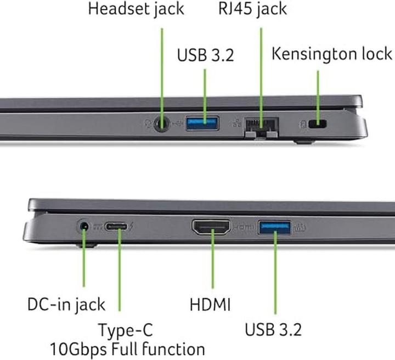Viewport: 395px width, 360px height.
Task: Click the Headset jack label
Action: tap(137, 9)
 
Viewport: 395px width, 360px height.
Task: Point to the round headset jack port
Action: tap(162, 124)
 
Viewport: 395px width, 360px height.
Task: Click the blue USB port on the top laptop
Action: tap(202, 123)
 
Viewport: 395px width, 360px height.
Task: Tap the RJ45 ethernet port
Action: tap(261, 125)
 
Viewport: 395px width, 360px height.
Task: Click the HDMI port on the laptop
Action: tap(211, 227)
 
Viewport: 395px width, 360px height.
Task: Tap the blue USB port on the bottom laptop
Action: tap(274, 226)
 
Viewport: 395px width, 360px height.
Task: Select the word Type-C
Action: tap(125, 330)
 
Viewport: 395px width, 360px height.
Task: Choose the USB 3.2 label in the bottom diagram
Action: tap(273, 330)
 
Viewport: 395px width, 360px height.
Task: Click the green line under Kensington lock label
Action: tap(318, 93)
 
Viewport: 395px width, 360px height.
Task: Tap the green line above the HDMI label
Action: tap(211, 263)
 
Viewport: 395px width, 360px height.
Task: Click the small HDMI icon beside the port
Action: tap(242, 226)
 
